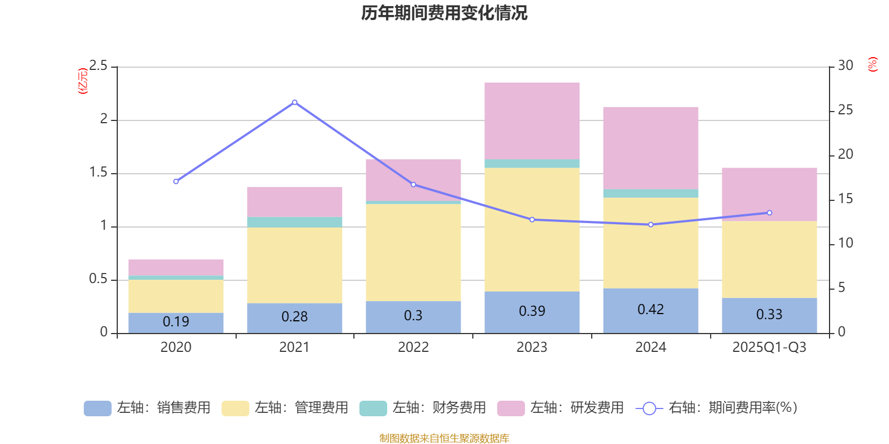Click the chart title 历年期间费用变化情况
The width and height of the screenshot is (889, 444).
444,13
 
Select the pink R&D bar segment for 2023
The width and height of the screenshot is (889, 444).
532,120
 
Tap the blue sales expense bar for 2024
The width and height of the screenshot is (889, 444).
650,310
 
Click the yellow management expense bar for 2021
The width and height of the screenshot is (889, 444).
294,265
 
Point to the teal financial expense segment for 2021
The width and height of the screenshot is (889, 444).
294,222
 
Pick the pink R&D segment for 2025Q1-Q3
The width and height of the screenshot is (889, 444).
769,194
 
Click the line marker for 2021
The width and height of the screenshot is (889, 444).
294,102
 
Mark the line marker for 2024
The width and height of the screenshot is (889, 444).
651,225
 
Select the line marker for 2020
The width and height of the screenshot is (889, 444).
176,181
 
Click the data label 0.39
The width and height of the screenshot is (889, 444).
532,311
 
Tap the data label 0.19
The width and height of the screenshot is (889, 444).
176,322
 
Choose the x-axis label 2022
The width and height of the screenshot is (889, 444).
413,347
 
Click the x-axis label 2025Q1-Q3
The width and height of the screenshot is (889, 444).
769,347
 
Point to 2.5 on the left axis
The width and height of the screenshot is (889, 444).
98,66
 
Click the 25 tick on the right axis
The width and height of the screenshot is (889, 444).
845,110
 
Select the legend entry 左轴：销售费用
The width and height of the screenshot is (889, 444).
147,408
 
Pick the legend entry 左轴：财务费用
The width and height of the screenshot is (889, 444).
423,408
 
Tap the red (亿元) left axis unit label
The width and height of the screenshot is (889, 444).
83,81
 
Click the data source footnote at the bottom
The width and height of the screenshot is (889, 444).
444,438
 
